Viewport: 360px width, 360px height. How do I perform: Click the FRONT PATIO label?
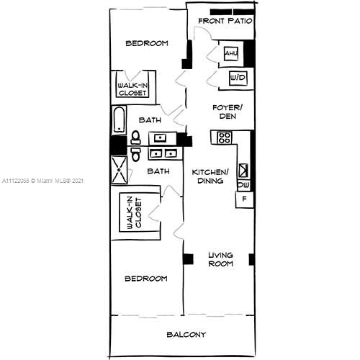click(x=225, y=21)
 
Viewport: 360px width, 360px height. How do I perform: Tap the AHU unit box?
click(x=231, y=54)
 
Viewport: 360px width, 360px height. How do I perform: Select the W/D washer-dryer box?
click(x=238, y=77)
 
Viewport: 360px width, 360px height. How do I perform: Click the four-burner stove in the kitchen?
click(x=224, y=137)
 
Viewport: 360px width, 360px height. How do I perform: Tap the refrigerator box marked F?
click(x=244, y=199)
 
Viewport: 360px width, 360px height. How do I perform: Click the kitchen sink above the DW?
click(x=243, y=171)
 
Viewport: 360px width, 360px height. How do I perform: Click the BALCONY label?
click(x=186, y=334)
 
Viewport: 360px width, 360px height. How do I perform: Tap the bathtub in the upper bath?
click(x=119, y=120)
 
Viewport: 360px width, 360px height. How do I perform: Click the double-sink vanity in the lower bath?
click(x=165, y=153)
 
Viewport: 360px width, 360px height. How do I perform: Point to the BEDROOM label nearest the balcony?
click(x=146, y=279)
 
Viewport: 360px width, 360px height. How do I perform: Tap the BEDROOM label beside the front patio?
click(x=147, y=43)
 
